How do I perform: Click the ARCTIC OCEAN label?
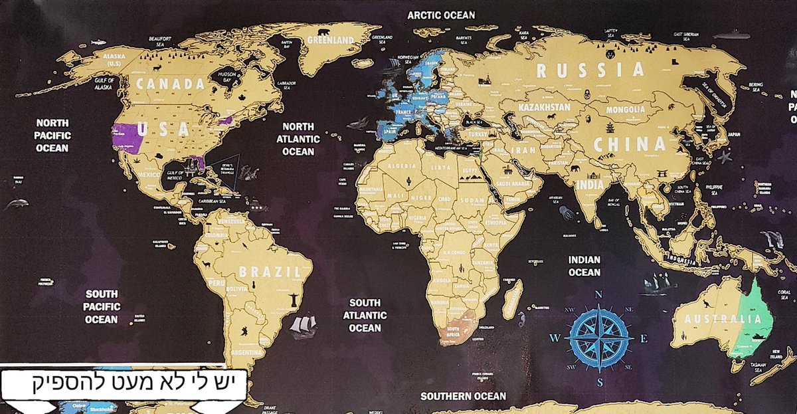441,15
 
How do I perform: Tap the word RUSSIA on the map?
590,70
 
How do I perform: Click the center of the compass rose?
598,338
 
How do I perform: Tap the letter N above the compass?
598,294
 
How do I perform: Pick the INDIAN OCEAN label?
584,266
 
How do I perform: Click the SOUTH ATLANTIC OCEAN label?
365,315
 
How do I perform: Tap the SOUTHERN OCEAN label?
463,396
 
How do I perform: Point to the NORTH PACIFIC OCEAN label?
52,135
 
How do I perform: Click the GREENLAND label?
330,41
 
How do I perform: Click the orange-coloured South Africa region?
459,326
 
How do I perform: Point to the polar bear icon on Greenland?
324,31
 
